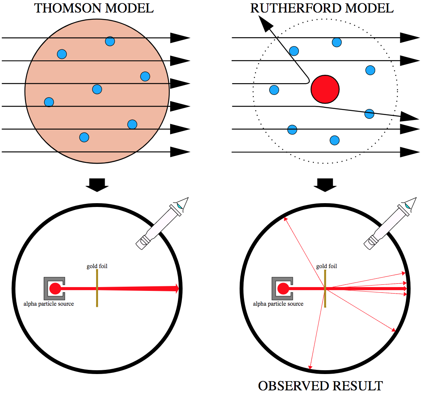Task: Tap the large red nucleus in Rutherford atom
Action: point(325,89)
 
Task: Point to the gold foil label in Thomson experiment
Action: point(97,266)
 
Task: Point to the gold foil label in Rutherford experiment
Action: point(327,266)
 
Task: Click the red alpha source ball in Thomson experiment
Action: point(55,289)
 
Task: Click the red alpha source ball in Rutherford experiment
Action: point(283,289)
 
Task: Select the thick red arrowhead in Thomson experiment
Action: point(176,289)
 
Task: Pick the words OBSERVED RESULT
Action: point(320,386)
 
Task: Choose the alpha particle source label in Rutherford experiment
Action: point(278,303)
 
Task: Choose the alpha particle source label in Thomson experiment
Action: point(49,303)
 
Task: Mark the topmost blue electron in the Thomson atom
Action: point(110,41)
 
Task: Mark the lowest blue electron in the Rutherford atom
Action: point(335,141)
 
